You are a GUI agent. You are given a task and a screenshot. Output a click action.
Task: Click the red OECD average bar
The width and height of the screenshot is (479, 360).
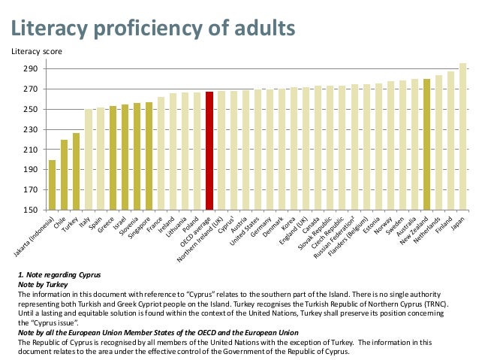tap(209, 150)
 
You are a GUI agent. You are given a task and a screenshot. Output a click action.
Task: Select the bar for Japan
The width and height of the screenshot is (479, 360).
tap(462, 136)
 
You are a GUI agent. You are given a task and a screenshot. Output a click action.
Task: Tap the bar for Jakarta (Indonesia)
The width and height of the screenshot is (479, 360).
tap(52, 184)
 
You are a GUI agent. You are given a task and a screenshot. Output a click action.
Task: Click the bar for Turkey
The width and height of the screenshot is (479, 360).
tap(76, 171)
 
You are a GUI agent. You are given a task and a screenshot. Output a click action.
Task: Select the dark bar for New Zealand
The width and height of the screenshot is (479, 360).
tap(426, 144)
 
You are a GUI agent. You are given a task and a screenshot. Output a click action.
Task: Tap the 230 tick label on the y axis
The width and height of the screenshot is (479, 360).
tap(32, 129)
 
